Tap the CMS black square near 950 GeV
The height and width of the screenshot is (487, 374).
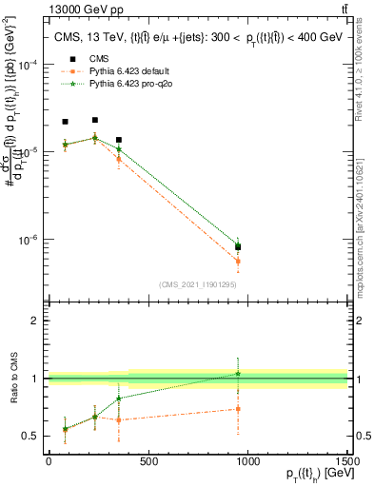[x=238, y=247]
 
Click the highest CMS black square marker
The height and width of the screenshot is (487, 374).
[x=94, y=120]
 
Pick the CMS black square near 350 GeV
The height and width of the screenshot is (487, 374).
[x=118, y=140]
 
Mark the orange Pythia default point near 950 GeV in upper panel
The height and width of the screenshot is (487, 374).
[x=238, y=261]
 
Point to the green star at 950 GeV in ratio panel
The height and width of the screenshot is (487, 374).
[x=238, y=374]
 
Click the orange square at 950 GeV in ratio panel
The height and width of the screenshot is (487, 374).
[x=238, y=409]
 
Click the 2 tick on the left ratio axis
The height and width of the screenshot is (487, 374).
[x=38, y=321]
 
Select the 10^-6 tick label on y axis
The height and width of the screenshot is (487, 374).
[x=29, y=240]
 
